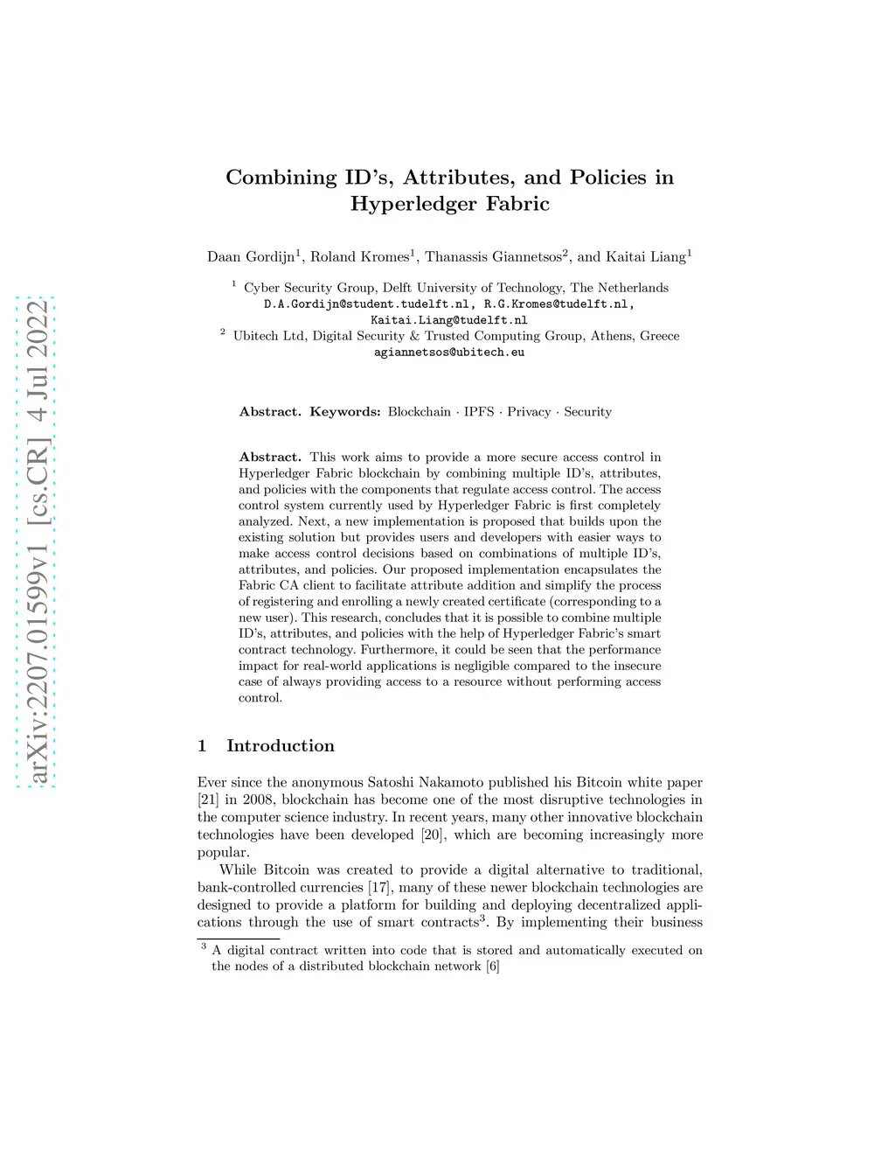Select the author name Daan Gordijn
coord(251,257)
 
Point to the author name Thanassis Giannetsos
coord(493,257)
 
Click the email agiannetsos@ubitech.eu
coord(449,352)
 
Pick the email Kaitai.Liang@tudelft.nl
coord(449,320)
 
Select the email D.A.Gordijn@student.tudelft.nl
coord(367,304)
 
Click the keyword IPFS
coord(479,412)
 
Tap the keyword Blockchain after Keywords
coord(420,412)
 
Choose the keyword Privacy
coord(529,412)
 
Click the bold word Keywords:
coord(345,412)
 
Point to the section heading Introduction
coord(281,746)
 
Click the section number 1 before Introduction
coord(203,746)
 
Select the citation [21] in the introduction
coord(208,799)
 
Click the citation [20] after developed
coord(432,834)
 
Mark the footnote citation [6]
coord(493,967)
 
